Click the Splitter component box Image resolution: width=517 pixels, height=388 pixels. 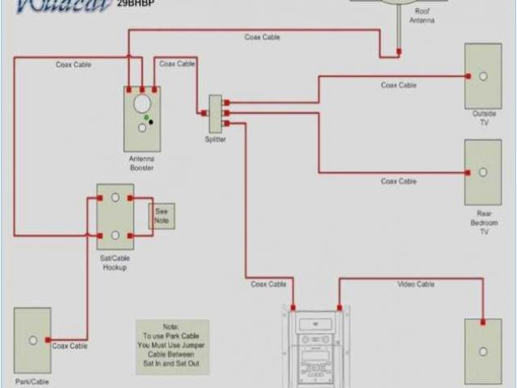(x=216, y=114)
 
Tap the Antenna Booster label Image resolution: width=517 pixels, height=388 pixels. (x=141, y=163)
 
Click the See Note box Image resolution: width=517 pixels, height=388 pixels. (x=161, y=215)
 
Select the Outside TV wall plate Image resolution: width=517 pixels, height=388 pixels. (x=482, y=75)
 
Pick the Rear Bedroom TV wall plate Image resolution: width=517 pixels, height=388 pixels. (x=482, y=172)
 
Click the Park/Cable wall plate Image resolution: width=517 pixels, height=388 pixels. (x=32, y=339)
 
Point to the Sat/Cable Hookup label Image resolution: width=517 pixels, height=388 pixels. (x=116, y=263)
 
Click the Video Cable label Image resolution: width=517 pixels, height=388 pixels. (x=415, y=284)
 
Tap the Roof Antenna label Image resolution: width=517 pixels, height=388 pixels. (x=422, y=16)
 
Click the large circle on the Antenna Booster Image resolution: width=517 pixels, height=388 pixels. (x=142, y=103)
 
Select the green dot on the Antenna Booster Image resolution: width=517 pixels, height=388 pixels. (x=145, y=118)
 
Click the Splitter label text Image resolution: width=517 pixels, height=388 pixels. (x=215, y=139)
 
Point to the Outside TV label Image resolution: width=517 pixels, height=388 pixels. (x=484, y=118)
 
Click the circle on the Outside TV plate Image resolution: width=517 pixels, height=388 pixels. (x=482, y=76)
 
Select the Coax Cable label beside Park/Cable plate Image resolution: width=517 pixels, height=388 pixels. (x=70, y=345)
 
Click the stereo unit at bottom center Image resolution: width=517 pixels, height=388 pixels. (x=317, y=348)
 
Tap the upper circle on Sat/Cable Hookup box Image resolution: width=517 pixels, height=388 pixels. (x=116, y=197)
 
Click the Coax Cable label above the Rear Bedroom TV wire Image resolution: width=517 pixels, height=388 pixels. (x=398, y=181)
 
